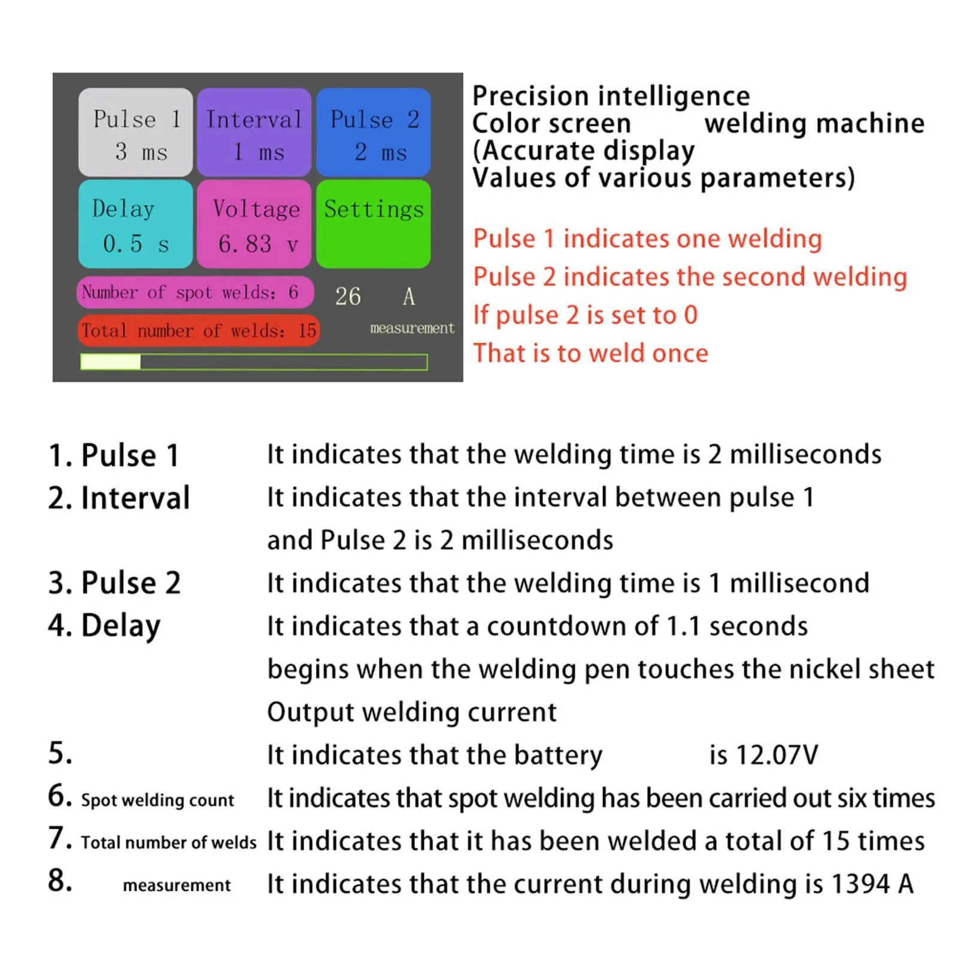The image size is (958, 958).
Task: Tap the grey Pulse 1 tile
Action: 135,132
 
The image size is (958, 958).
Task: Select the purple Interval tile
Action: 254,132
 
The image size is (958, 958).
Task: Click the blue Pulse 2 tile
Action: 373,132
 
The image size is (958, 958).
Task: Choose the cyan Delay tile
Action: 135,224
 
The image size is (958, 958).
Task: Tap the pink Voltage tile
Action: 254,224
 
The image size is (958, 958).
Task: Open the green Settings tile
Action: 373,224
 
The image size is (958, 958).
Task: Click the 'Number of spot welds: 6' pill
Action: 195,292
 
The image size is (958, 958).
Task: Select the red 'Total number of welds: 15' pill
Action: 198,331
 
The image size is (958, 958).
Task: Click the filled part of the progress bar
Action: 111,362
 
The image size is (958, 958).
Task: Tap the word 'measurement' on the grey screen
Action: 412,328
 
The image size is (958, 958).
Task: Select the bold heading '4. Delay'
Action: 104,626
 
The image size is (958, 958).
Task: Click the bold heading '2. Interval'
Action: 119,498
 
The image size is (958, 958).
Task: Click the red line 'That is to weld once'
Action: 590,353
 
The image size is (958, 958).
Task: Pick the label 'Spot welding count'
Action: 157,800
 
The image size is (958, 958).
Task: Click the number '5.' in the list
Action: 60,753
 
